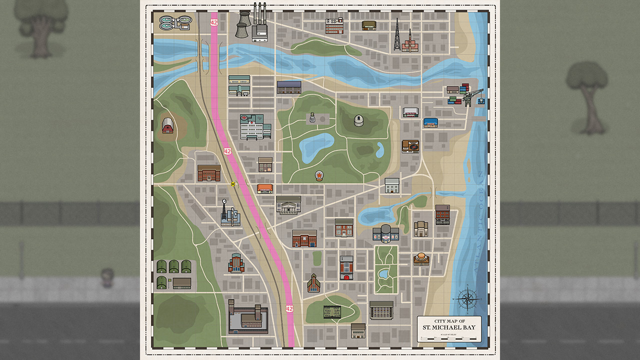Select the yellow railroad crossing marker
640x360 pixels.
(x=232, y=184)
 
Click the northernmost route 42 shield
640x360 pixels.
(x=214, y=22)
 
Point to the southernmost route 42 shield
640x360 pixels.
(x=289, y=308)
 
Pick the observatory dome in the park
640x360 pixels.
(x=359, y=121)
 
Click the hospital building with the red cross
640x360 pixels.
(x=255, y=126)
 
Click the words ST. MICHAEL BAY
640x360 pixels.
(x=449, y=328)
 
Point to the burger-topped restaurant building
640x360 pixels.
(x=421, y=258)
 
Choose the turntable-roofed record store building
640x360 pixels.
(x=410, y=146)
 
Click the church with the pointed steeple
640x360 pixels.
(x=313, y=283)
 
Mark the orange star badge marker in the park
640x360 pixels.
(x=318, y=175)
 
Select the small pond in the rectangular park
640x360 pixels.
(x=384, y=273)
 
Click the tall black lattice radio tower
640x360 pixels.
(x=396, y=35)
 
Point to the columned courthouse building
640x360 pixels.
(x=288, y=205)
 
